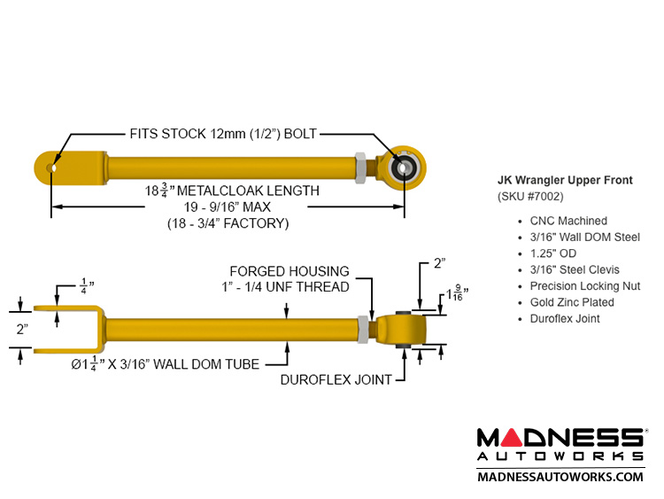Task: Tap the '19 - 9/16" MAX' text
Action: tap(228, 207)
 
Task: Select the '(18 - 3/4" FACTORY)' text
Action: tap(228, 223)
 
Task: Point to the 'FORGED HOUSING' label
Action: tap(290, 271)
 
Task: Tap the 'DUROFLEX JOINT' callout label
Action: tap(336, 379)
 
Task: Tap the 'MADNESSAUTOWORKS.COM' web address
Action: tap(560, 476)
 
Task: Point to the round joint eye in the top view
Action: tap(405, 166)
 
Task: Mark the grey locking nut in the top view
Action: tap(361, 165)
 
